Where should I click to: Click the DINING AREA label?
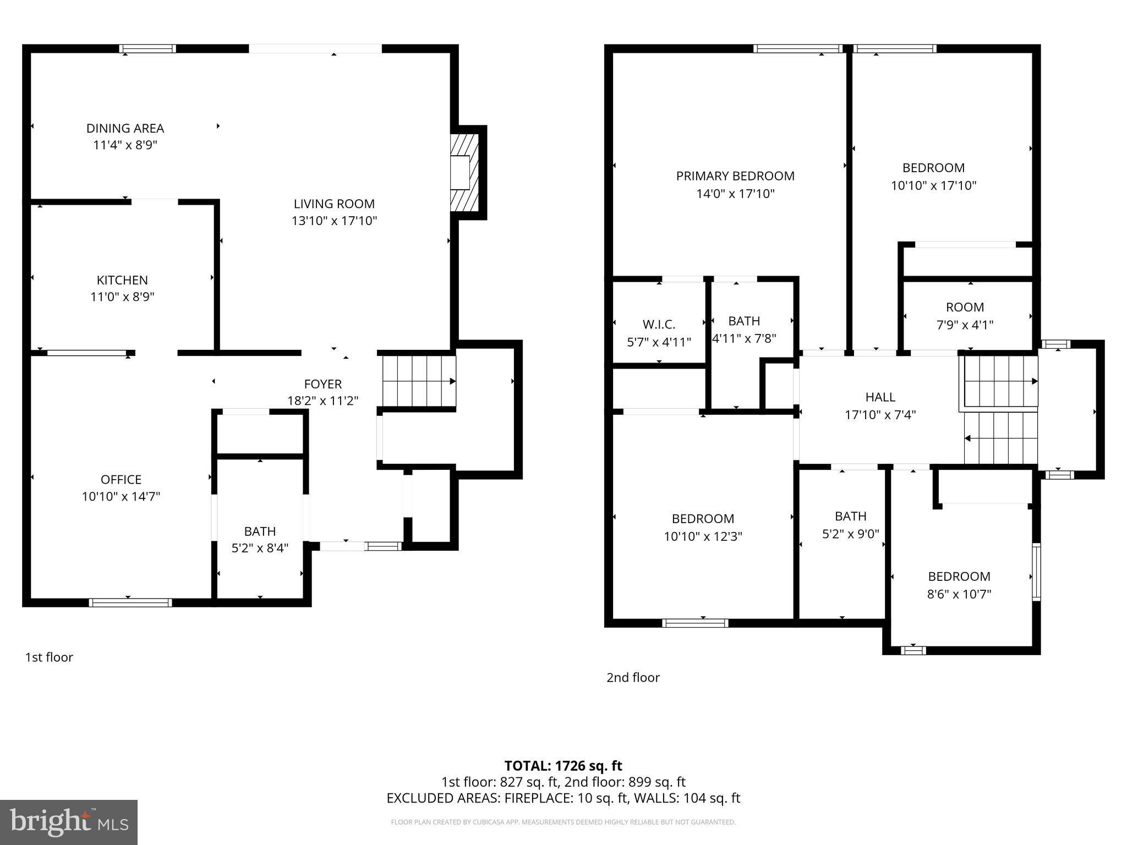tap(125, 128)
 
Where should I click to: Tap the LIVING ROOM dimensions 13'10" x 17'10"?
tap(334, 221)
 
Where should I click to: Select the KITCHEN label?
tap(122, 280)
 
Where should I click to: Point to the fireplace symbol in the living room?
tap(463, 173)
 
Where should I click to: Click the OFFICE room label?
tap(121, 479)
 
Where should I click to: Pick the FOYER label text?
tap(323, 384)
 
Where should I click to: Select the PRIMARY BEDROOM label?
tap(735, 176)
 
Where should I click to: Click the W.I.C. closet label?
tap(659, 325)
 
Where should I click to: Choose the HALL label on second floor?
tap(880, 397)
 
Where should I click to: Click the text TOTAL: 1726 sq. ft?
tap(563, 766)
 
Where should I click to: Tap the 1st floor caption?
tap(49, 657)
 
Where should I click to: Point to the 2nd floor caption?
tap(633, 678)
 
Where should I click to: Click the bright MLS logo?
tap(69, 822)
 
